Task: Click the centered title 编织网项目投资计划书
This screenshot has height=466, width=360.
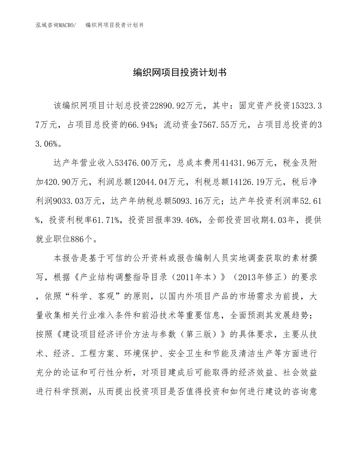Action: (x=180, y=72)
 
